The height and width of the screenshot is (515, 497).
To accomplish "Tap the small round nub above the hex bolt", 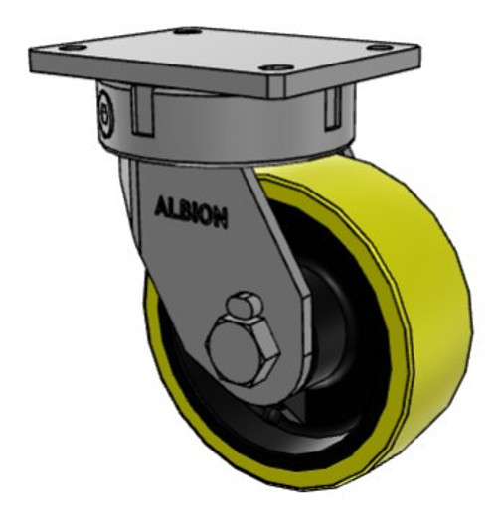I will (x=243, y=305).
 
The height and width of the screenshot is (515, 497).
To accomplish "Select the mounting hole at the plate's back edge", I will (x=186, y=31).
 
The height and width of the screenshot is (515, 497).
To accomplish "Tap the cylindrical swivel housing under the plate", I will (x=229, y=129).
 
